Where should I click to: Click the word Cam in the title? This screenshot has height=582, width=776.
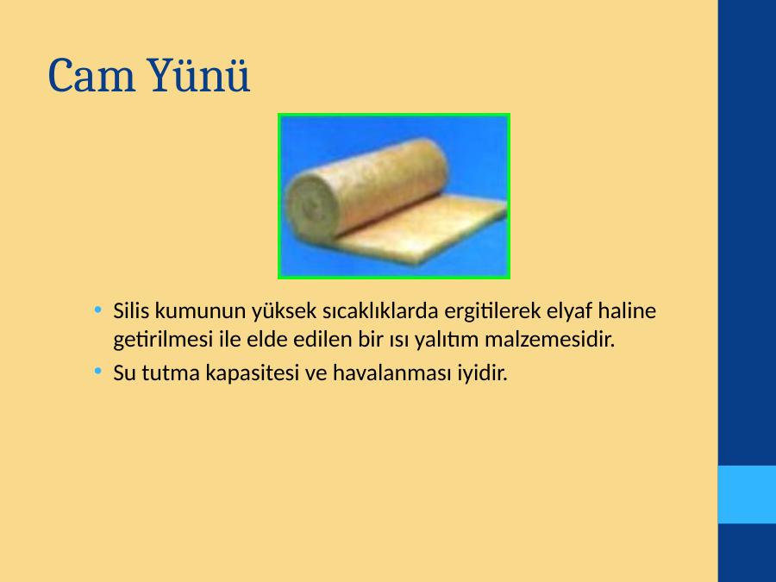(x=91, y=76)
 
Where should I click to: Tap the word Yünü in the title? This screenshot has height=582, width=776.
(x=198, y=75)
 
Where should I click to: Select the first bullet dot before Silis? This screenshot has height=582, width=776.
(x=98, y=310)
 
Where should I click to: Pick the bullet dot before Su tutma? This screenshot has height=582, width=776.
(x=98, y=371)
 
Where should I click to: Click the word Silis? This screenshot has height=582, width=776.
(x=131, y=310)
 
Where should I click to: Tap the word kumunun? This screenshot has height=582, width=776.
(x=200, y=311)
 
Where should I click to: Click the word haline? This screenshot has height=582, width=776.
(x=627, y=310)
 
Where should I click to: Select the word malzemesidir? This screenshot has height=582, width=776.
(x=549, y=340)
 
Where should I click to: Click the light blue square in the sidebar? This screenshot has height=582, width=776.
(x=747, y=494)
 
